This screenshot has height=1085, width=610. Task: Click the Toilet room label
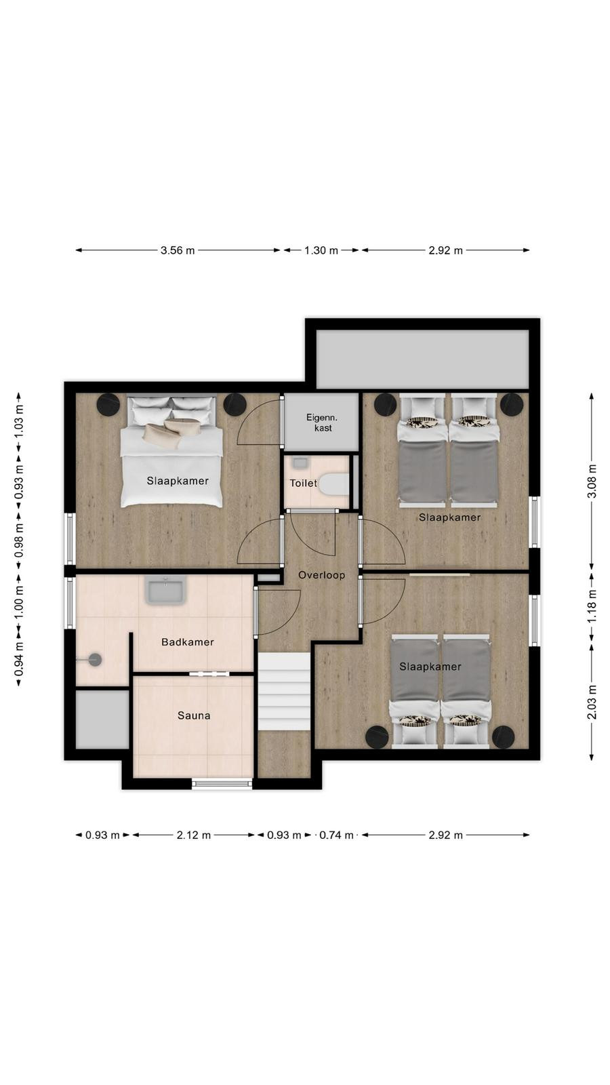[x=303, y=483]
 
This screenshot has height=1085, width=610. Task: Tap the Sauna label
[x=194, y=715]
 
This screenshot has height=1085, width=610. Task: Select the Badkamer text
[x=187, y=642]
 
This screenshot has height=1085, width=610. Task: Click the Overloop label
[x=321, y=575]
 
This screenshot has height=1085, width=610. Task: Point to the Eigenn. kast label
[x=322, y=422]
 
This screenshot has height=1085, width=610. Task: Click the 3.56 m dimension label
[x=178, y=250]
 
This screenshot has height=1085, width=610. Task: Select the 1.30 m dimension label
[x=321, y=250]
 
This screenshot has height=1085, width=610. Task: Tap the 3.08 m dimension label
[x=592, y=481]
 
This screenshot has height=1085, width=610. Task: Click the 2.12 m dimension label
[x=194, y=835]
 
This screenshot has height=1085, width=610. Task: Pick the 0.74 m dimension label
[x=336, y=835]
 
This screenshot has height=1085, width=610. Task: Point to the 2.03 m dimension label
[x=592, y=703]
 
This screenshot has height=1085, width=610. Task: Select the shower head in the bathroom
[x=95, y=659]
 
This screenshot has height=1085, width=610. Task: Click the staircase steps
[x=284, y=691]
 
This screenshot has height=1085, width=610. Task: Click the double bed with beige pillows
[x=171, y=452]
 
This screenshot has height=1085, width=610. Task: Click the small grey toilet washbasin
[x=300, y=463]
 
